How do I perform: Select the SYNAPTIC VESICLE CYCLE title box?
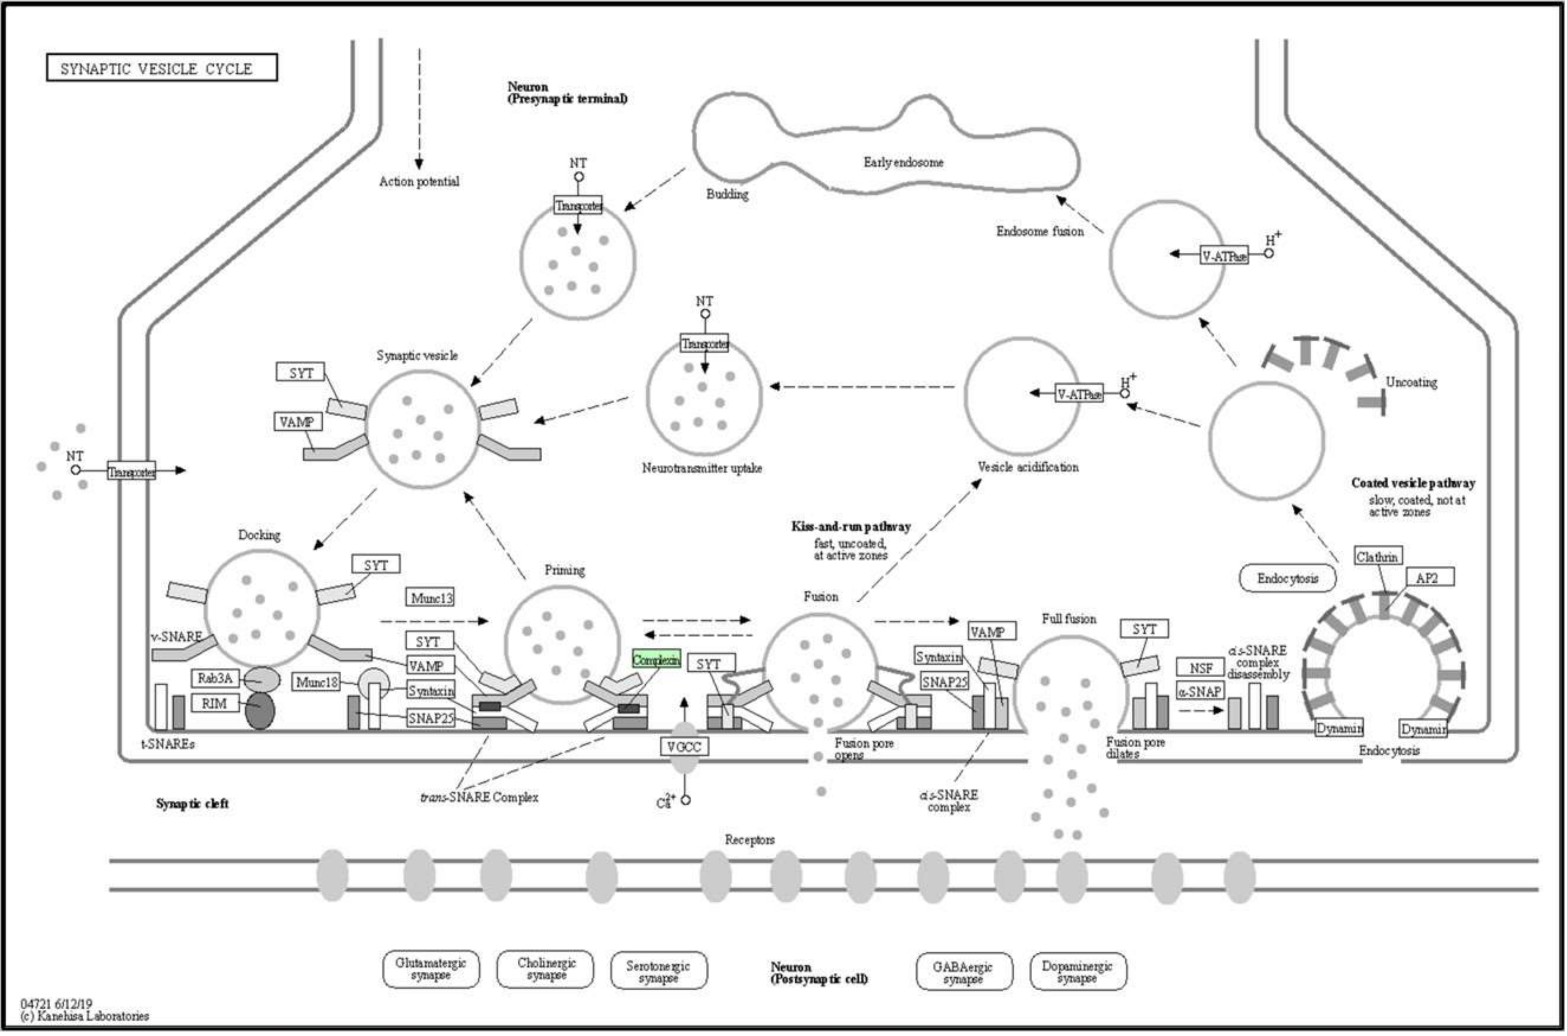162,68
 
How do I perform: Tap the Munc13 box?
430,598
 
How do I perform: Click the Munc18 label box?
316,682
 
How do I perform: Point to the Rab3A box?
215,678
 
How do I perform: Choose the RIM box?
215,704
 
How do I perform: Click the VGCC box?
684,747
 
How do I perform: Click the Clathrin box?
1378,557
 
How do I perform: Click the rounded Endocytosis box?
1288,579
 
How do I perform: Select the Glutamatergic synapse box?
431,969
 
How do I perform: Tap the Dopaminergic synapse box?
1078,971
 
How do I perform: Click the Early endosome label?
903,163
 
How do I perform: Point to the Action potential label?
419,182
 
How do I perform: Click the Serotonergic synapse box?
658,970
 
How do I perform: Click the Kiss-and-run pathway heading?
851,527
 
